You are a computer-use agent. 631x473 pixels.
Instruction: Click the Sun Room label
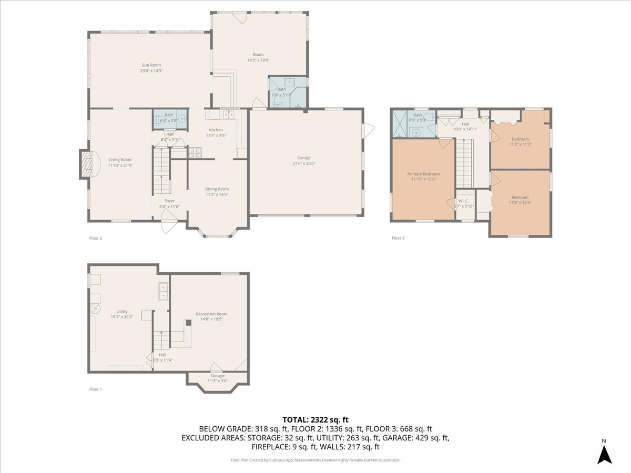pos(151,65)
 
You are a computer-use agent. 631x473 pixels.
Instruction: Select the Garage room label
pos(304,158)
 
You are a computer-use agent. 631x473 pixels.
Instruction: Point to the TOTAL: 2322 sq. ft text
pos(315,419)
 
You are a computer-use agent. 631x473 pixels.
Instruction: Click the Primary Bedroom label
pos(423,174)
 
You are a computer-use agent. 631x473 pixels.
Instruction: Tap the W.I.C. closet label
pos(463,201)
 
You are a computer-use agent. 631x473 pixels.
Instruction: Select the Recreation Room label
pos(211,314)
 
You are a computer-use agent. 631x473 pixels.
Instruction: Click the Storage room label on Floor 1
pos(217,376)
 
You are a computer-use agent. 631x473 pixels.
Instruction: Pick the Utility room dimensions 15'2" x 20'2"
pos(122,317)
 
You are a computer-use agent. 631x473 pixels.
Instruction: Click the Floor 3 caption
pos(398,238)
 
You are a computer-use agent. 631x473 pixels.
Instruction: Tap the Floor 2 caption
pos(96,238)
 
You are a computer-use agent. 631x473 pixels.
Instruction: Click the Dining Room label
pos(217,189)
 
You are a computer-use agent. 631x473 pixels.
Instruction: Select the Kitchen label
pos(216,130)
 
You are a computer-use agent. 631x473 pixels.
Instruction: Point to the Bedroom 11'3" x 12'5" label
pos(520,200)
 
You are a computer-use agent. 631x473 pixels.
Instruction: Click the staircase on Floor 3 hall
pos(464,163)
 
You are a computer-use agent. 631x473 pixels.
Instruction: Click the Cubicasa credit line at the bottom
pos(315,460)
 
